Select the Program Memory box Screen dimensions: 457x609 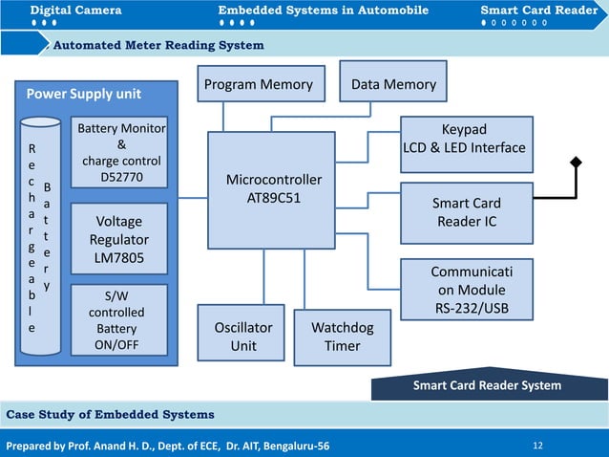pyautogui.click(x=258, y=84)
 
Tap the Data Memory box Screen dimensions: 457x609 pyautogui.click(x=393, y=84)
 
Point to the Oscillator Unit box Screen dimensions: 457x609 pyautogui.click(x=242, y=336)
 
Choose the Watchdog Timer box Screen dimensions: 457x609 pyautogui.click(x=342, y=336)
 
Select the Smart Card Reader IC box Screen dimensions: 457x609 pyautogui.click(x=467, y=212)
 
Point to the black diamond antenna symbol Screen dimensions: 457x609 pyautogui.click(x=577, y=163)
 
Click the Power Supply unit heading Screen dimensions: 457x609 pyautogui.click(x=84, y=94)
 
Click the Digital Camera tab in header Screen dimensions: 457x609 pyautogui.click(x=75, y=11)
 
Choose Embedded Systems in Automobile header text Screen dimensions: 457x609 pyautogui.click(x=323, y=11)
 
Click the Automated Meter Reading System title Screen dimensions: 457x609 pyautogui.click(x=158, y=45)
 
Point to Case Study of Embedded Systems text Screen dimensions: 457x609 pyautogui.click(x=110, y=414)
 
